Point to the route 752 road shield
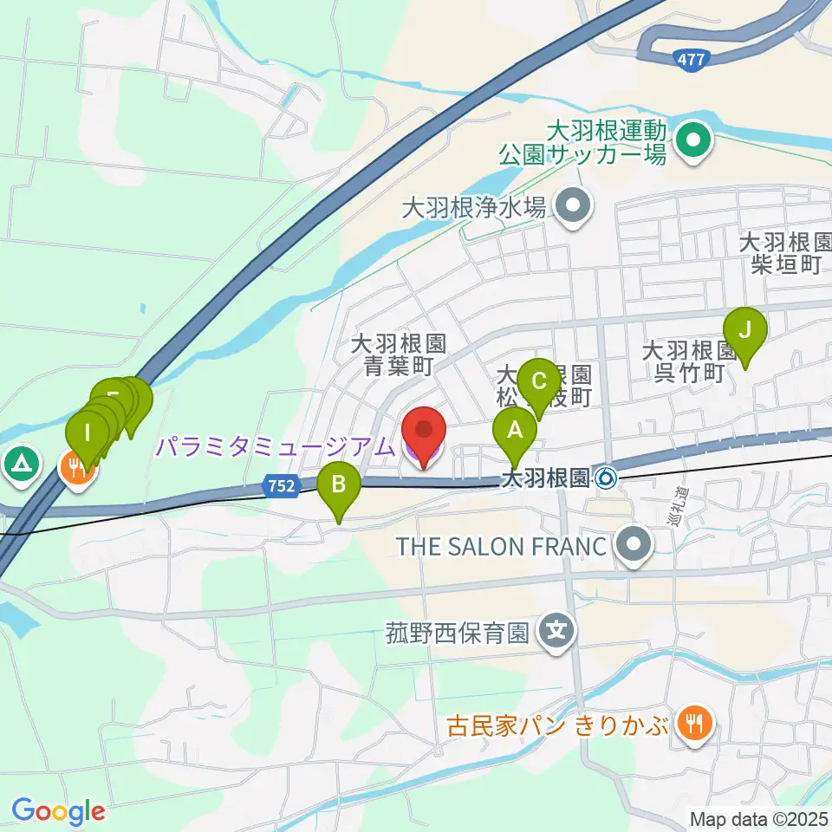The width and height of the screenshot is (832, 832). (281, 487)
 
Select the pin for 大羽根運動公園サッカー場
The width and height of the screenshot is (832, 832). (693, 138)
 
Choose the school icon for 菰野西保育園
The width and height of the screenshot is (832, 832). (559, 630)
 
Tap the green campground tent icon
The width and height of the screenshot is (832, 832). (19, 464)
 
